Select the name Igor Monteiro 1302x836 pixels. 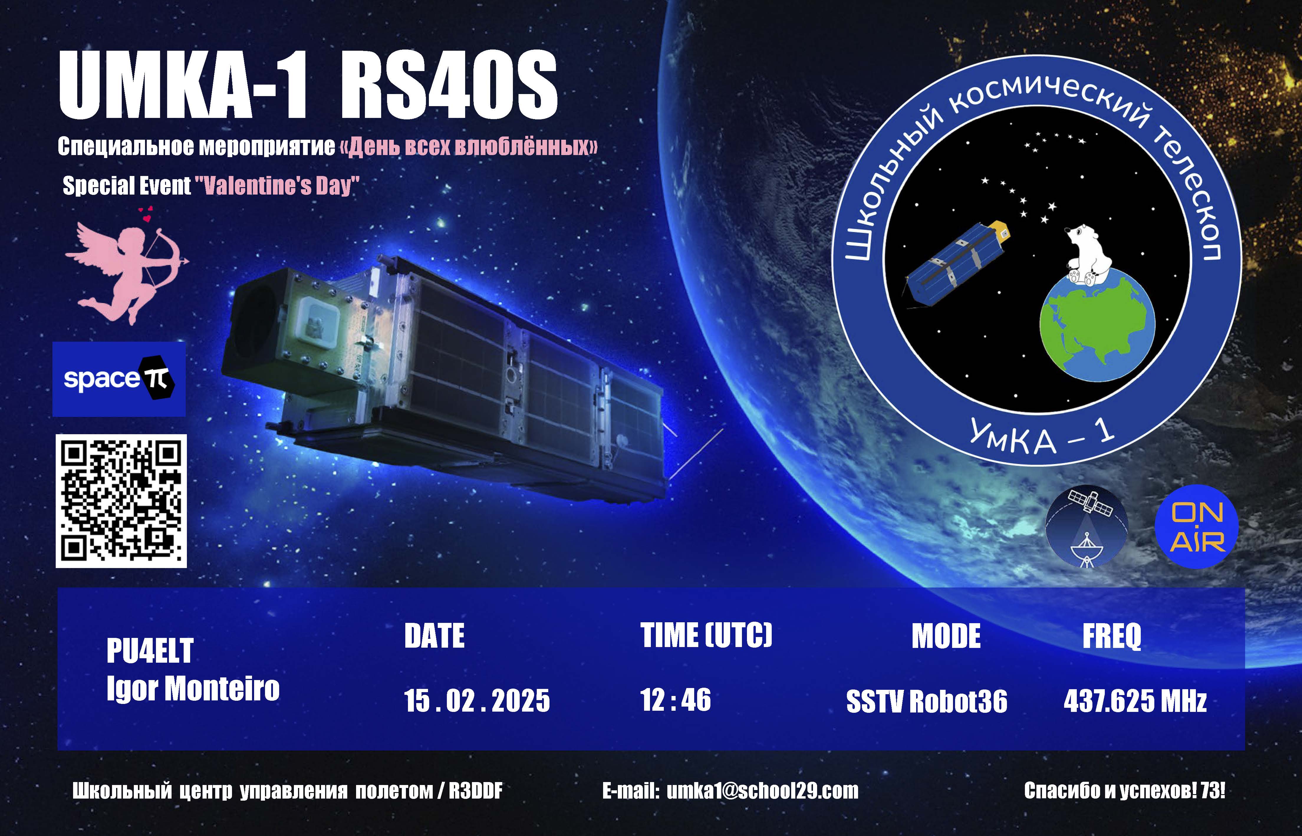(193, 689)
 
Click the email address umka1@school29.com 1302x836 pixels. (763, 791)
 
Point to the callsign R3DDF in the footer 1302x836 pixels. (475, 791)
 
